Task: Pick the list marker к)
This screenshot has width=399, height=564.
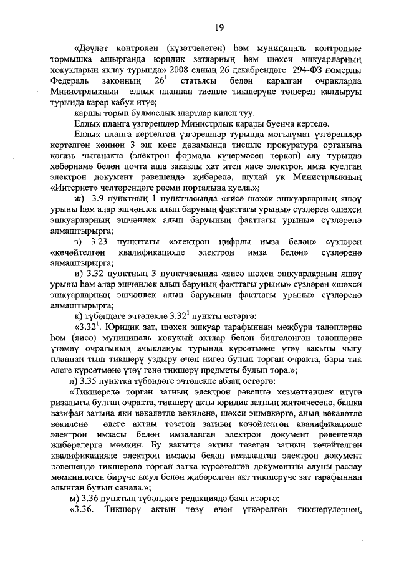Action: pos(78,315)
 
